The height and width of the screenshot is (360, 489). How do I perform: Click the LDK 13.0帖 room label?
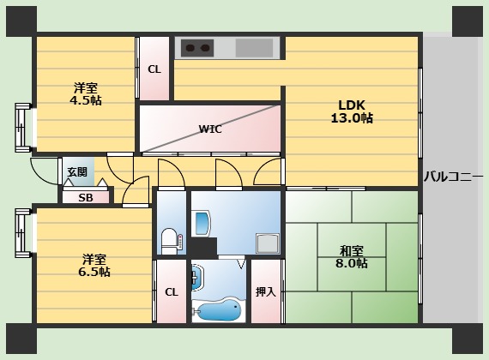[x=352, y=111]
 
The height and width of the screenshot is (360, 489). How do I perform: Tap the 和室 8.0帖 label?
[x=352, y=257]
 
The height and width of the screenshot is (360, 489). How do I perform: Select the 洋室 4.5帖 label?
[x=86, y=94]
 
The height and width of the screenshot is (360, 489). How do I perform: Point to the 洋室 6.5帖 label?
[x=94, y=266]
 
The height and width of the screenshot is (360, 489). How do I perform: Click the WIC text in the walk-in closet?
[x=210, y=129]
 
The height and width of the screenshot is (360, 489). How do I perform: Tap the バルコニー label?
[x=453, y=177]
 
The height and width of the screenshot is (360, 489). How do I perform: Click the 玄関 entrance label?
[x=77, y=172]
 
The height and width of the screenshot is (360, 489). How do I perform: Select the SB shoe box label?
[x=86, y=198]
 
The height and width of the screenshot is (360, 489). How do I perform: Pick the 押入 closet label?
[x=266, y=291]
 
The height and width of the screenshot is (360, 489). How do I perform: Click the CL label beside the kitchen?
[x=154, y=69]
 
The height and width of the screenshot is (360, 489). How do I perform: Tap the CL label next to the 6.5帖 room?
[x=172, y=292]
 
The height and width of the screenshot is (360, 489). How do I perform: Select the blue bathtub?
[x=219, y=311]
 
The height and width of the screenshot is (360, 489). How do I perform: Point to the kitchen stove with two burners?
[x=197, y=48]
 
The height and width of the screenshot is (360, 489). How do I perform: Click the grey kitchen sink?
[x=254, y=48]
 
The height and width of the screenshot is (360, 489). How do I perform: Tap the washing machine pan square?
[x=268, y=243]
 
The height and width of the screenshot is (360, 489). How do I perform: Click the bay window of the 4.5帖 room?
[x=23, y=128]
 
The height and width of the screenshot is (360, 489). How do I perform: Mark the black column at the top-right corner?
[x=468, y=21]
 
